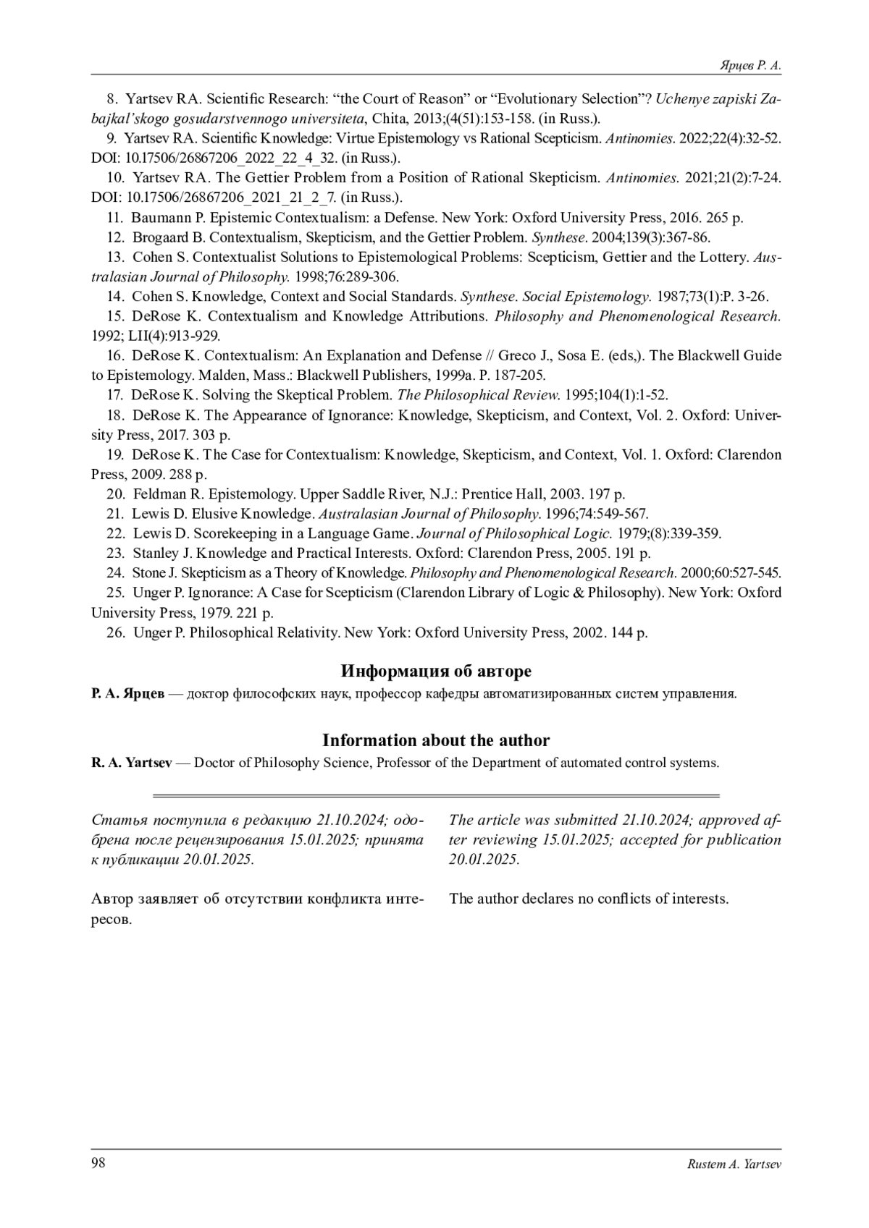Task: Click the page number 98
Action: coord(98,1163)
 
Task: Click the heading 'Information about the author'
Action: coord(435,740)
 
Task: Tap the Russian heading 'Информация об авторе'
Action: coord(435,671)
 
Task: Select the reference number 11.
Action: coord(115,217)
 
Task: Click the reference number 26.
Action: coord(115,632)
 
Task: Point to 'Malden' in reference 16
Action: coord(221,375)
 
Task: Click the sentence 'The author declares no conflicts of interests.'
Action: coord(588,899)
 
